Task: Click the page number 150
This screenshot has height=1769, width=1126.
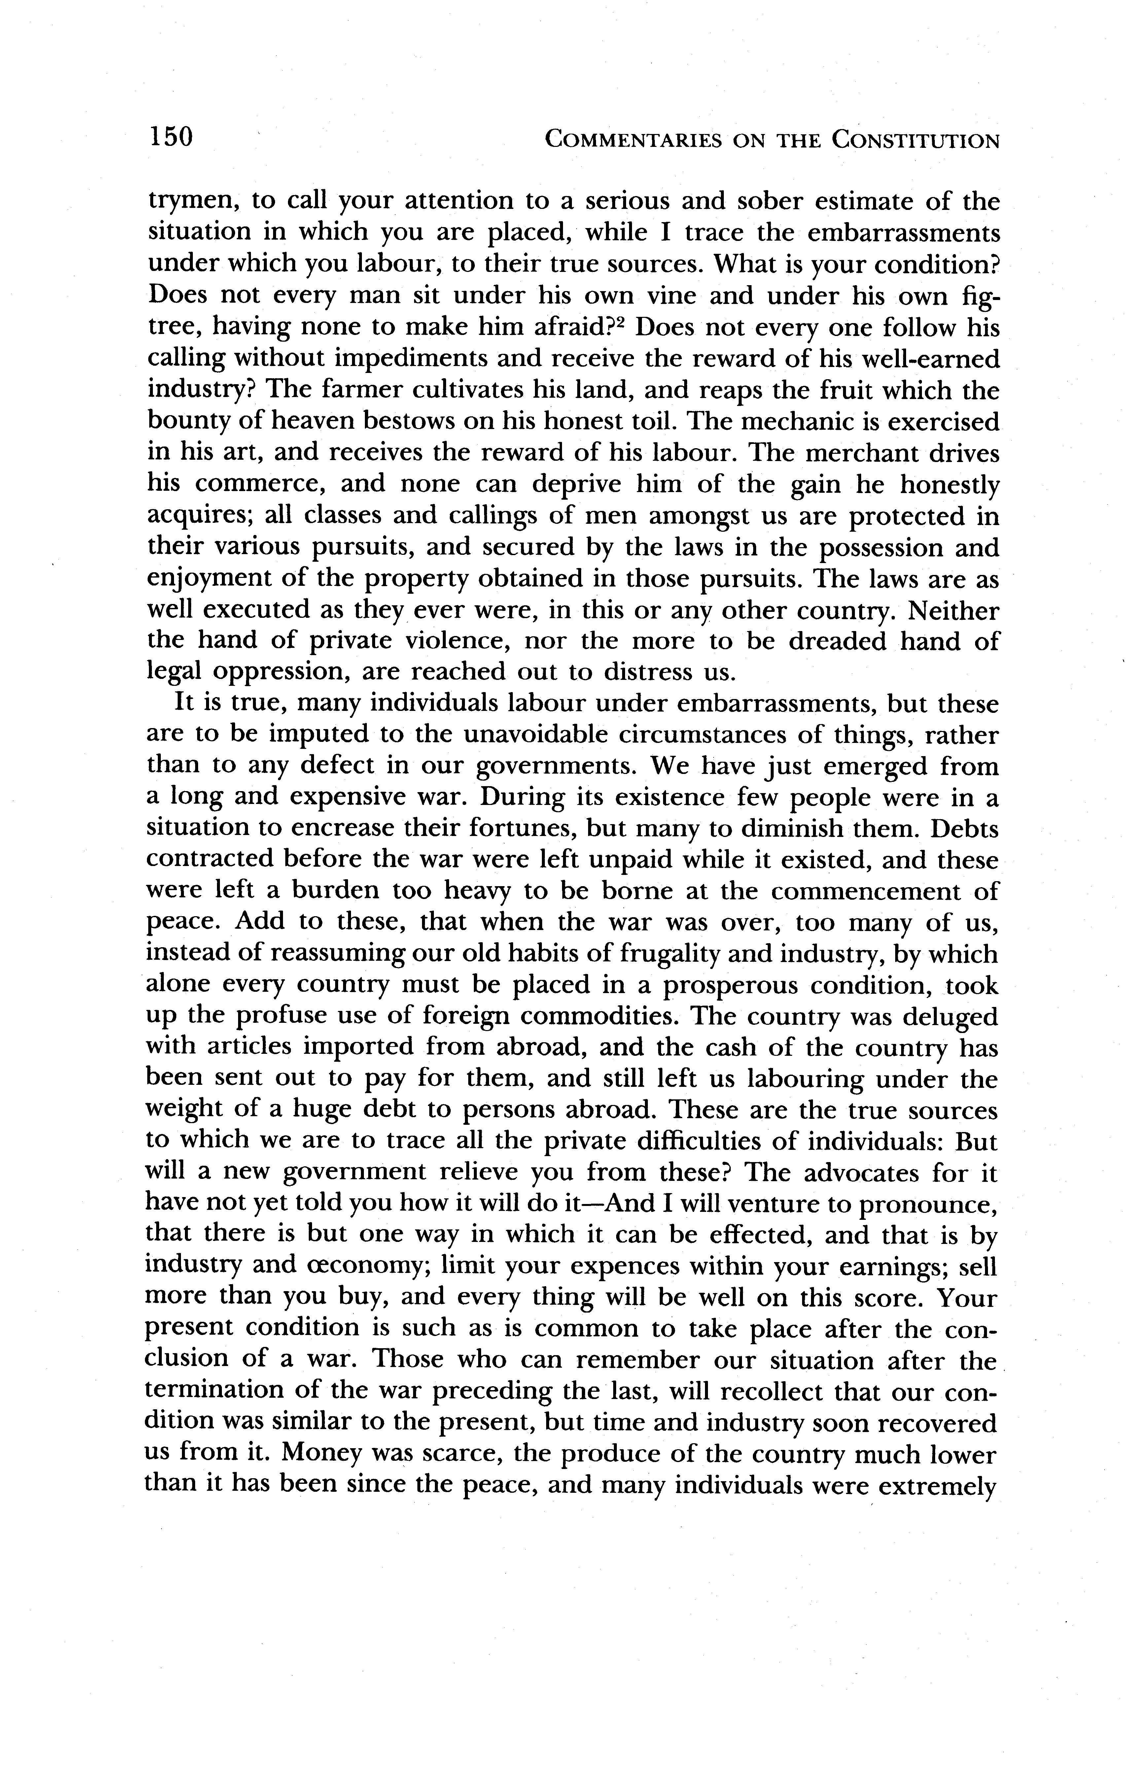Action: coord(170,137)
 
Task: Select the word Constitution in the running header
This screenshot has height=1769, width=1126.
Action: coord(915,140)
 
